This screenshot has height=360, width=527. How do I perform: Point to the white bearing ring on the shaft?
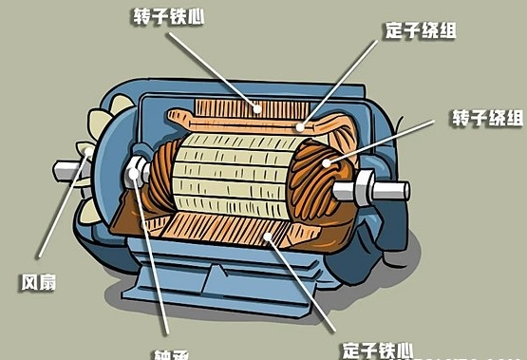(137, 173)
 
